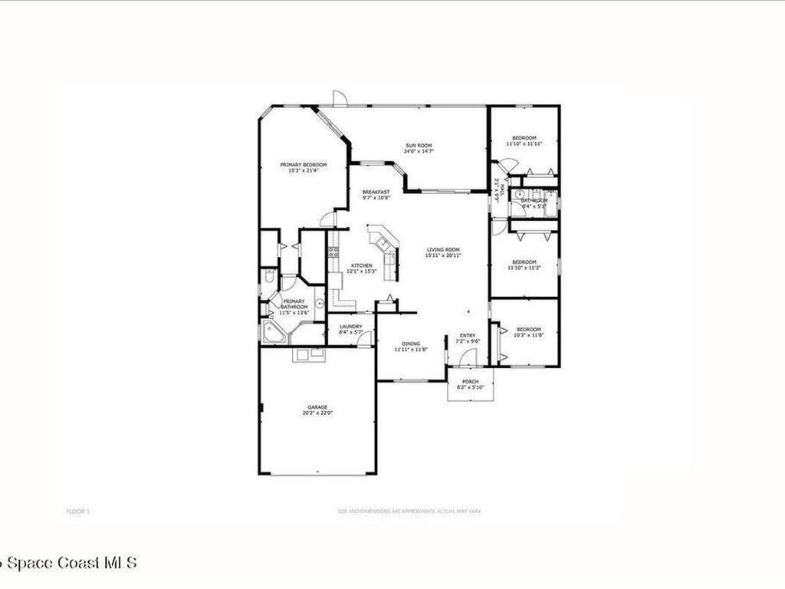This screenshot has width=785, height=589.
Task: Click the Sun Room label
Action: click(x=419, y=146)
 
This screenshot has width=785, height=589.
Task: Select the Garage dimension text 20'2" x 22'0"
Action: click(x=318, y=413)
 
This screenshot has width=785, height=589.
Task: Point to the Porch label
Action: click(x=470, y=382)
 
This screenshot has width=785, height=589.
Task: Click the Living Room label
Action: click(x=443, y=250)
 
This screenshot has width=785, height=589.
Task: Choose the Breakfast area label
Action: click(x=376, y=192)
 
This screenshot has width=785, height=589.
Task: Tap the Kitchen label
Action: click(x=362, y=265)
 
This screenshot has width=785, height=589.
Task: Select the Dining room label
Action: click(x=411, y=344)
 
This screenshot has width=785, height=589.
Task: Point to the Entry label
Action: click(x=467, y=335)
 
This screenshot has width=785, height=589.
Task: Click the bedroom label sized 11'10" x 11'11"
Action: click(x=524, y=138)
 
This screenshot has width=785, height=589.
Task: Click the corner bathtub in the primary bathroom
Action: click(x=273, y=332)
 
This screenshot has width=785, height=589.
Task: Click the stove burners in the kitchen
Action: click(x=333, y=252)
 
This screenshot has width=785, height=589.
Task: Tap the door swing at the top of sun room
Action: click(x=340, y=98)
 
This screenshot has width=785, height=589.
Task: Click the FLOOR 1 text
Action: click(x=78, y=511)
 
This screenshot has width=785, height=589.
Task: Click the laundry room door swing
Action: click(x=365, y=338)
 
